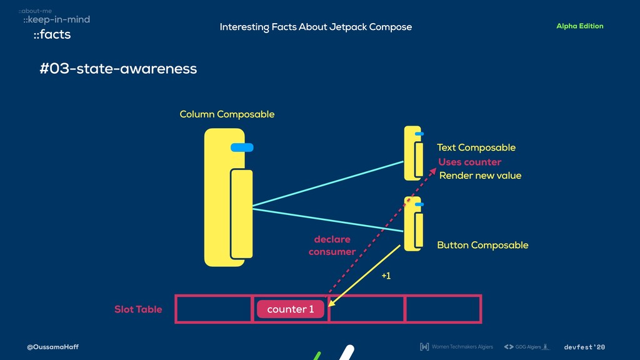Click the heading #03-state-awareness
click(x=118, y=68)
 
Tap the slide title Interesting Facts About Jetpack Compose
click(x=316, y=27)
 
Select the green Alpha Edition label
click(x=579, y=26)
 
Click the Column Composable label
click(x=227, y=114)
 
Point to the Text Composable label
click(x=476, y=147)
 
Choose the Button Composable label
click(x=482, y=245)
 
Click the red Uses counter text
click(x=469, y=162)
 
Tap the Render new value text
click(x=480, y=176)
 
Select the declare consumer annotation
click(x=332, y=246)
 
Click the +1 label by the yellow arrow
click(x=386, y=276)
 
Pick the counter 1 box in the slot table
click(x=291, y=309)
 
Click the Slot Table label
click(x=138, y=309)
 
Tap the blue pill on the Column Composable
click(x=242, y=147)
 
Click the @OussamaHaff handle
click(x=52, y=347)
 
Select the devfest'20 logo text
click(x=584, y=347)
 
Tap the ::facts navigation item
click(x=52, y=35)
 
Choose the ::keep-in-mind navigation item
click(x=56, y=20)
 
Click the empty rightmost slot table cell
click(x=442, y=309)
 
